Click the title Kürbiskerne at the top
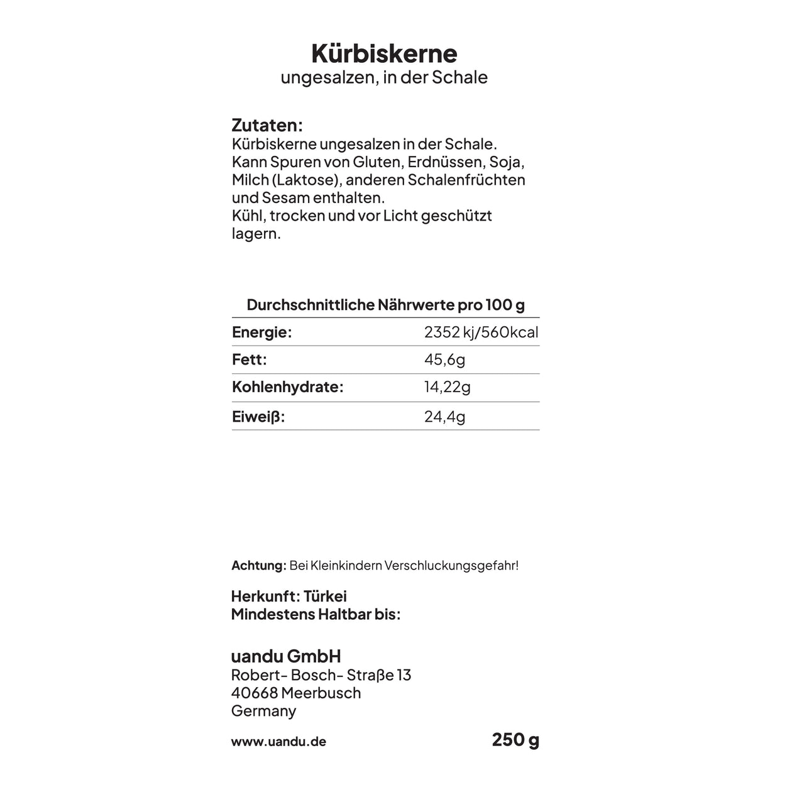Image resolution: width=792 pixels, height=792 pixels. click(x=384, y=53)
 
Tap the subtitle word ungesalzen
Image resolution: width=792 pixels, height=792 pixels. click(x=329, y=77)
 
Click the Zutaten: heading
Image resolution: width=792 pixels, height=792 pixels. click(x=267, y=125)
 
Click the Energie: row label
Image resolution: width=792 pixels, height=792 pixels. click(x=262, y=333)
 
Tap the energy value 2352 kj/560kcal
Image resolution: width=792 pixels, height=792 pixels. click(x=481, y=333)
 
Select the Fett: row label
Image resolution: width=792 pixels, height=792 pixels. click(x=250, y=360)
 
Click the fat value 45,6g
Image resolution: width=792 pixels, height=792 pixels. click(x=444, y=360)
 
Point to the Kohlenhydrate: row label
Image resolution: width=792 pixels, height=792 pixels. click(x=288, y=387)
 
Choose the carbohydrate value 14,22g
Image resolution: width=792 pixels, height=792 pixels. click(x=447, y=387)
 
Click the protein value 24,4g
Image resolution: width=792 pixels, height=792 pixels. click(x=444, y=416)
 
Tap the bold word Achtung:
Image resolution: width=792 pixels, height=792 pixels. click(x=259, y=566)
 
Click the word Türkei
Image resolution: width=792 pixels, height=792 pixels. click(x=325, y=597)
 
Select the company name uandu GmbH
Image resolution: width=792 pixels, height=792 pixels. click(x=286, y=656)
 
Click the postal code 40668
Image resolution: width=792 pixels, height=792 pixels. click(x=254, y=693)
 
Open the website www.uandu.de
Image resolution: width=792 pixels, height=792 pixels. click(x=278, y=742)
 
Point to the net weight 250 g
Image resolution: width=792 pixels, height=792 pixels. click(x=515, y=740)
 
